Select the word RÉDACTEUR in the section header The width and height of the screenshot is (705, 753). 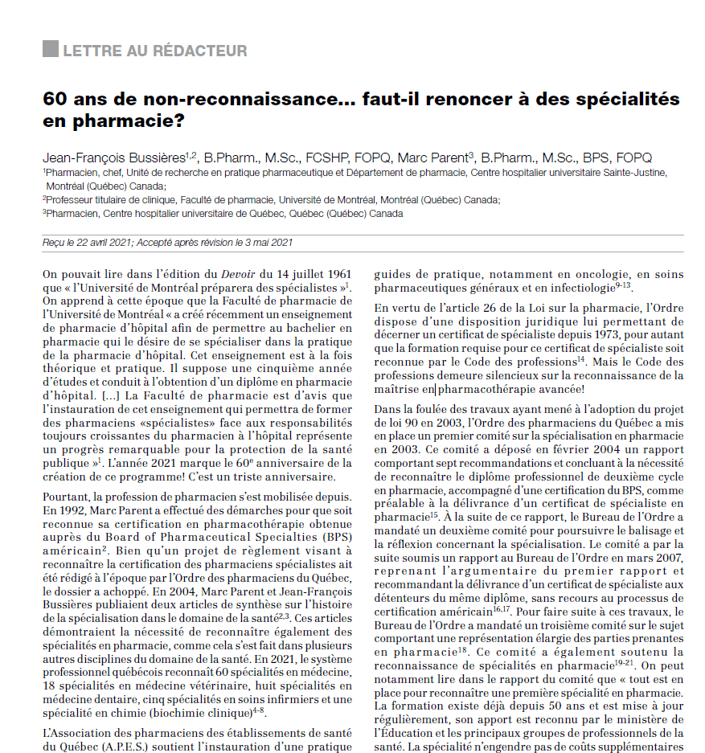(208, 51)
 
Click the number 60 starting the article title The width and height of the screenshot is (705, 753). (55, 100)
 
